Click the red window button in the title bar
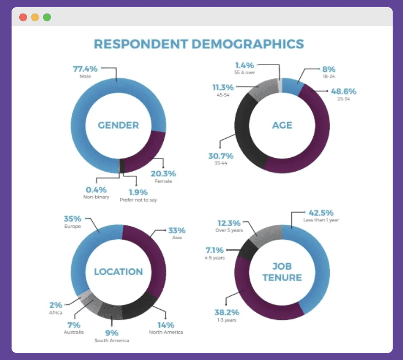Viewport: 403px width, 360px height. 23,18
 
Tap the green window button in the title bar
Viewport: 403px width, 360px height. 47,18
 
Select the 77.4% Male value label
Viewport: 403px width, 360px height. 86,68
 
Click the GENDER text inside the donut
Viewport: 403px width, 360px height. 118,125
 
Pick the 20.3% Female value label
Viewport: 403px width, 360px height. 163,174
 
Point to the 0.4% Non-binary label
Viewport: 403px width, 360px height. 96,190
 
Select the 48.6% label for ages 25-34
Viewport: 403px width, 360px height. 343,92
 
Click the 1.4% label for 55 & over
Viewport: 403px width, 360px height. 245,65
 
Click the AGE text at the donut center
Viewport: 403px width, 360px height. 282,125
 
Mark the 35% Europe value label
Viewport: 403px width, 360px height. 72,219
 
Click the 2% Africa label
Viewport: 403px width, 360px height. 56,305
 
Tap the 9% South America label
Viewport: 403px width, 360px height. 112,333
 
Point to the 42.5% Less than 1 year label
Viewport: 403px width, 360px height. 321,213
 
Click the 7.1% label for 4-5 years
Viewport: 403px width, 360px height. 215,250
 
